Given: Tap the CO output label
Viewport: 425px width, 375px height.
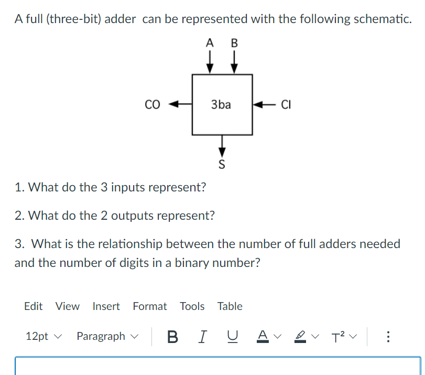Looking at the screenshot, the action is point(152,104).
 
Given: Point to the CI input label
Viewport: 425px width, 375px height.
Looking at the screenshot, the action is point(286,104).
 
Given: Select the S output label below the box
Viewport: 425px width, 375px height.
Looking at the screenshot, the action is point(221,165).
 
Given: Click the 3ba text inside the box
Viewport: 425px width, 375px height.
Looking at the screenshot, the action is point(221,104).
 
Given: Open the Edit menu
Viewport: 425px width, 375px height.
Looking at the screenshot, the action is point(33,306).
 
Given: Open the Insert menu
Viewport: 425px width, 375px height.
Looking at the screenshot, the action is point(106,306).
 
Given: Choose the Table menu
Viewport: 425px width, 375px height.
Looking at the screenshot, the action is point(230,306).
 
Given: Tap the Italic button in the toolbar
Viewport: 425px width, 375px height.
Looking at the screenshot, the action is point(201,336).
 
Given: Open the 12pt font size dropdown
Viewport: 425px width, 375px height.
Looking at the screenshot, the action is point(43,336).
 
